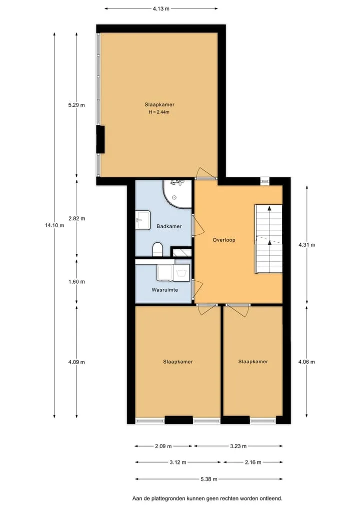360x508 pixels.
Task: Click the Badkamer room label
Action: pyautogui.click(x=169, y=226)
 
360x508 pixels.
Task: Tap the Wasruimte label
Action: pyautogui.click(x=165, y=290)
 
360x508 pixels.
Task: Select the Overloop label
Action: pyautogui.click(x=224, y=240)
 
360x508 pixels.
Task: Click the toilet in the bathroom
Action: pyautogui.click(x=157, y=249)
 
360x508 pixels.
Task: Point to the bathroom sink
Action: pyautogui.click(x=142, y=220)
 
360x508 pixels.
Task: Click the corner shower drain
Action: pyautogui.click(x=174, y=197)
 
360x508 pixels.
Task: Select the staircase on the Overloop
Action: pyautogui.click(x=268, y=239)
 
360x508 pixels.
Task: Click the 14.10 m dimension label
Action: pyautogui.click(x=54, y=225)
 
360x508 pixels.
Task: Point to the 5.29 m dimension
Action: pyautogui.click(x=76, y=105)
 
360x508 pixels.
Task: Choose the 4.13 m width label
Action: pyautogui.click(x=161, y=9)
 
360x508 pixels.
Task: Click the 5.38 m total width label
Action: pyautogui.click(x=209, y=479)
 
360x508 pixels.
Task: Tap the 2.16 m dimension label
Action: pyautogui.click(x=253, y=463)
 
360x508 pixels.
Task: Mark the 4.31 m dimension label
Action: pyautogui.click(x=307, y=245)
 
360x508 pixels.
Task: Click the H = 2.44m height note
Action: pyautogui.click(x=159, y=112)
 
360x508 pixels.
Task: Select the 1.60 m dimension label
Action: pyautogui.click(x=76, y=282)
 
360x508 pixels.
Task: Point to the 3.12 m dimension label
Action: pyautogui.click(x=177, y=463)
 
